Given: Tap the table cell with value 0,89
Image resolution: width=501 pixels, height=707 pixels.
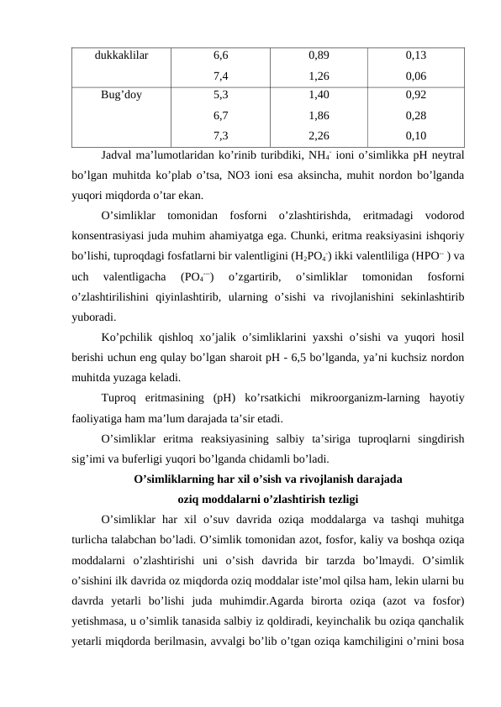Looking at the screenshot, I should coord(319,55).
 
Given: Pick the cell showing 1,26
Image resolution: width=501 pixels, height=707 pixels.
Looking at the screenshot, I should coord(319,76).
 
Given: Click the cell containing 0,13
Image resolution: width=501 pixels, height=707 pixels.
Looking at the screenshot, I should coord(414,55).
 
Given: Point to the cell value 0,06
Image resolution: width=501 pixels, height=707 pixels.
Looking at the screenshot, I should coord(414,76).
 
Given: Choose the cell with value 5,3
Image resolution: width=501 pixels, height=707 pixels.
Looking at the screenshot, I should coord(222,95).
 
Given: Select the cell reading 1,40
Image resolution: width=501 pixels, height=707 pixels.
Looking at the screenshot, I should coord(319,95).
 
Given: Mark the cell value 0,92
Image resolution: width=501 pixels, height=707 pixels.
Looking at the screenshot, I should coord(414,95).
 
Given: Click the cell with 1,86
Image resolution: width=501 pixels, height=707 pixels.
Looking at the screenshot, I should coord(319,115).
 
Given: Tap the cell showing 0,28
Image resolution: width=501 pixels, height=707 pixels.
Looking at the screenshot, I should coord(414,115).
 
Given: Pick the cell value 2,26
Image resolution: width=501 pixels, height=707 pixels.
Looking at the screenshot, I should coord(319,135).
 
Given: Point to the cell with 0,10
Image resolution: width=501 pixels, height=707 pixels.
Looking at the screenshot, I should coord(414,135).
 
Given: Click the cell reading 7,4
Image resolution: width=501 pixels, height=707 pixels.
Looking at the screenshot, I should coord(222,76).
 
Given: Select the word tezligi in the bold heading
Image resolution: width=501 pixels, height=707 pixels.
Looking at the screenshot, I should coord(338,499).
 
